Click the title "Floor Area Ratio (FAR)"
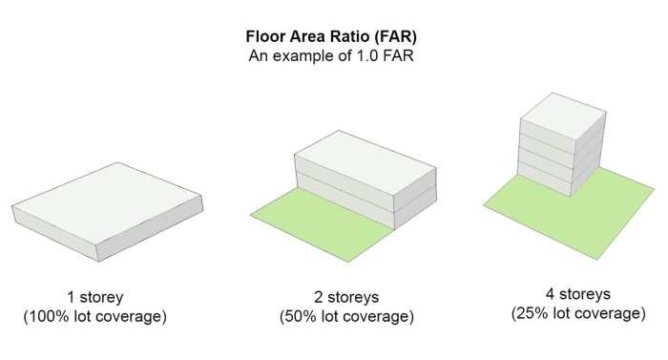click(333, 38)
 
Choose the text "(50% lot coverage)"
click(345, 315)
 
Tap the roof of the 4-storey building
click(562, 112)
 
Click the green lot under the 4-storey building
click(573, 215)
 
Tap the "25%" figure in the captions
click(532, 311)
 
